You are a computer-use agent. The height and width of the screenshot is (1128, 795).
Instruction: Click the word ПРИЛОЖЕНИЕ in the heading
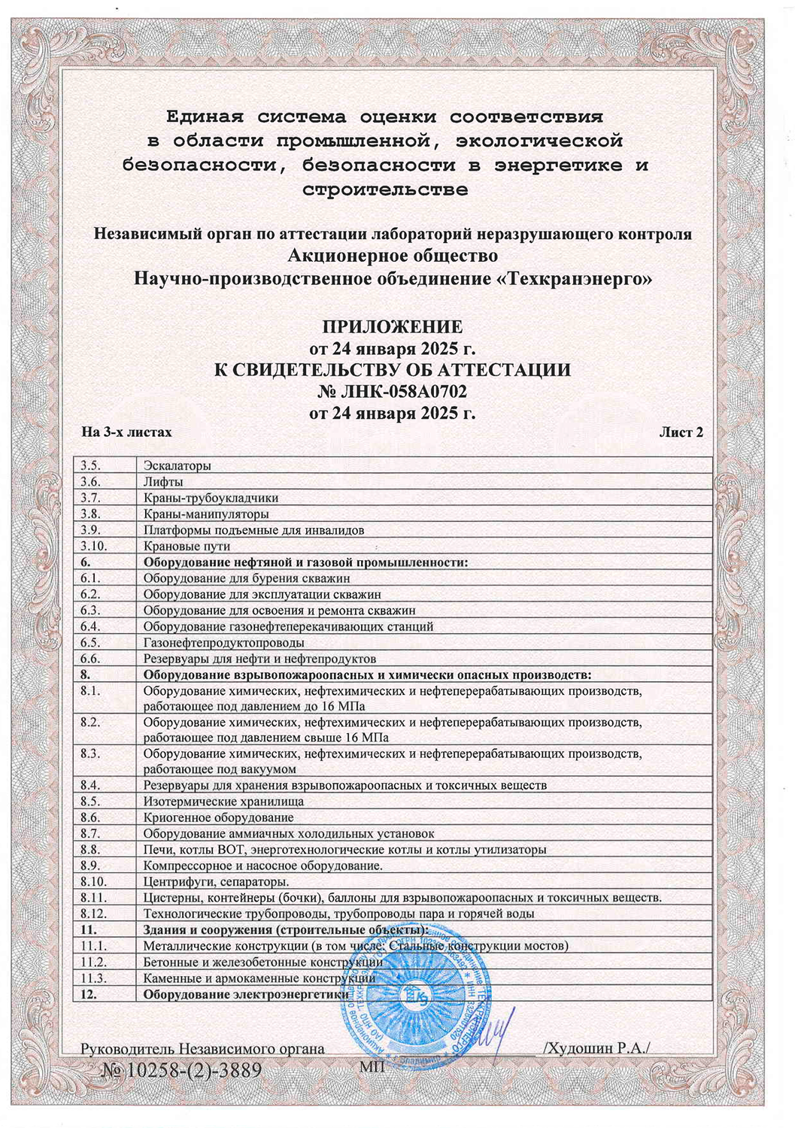392,327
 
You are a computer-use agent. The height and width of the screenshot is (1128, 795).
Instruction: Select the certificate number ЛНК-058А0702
404,392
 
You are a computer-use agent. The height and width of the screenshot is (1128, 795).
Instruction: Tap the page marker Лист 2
681,432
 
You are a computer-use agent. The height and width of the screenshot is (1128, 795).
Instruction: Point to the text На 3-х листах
126,432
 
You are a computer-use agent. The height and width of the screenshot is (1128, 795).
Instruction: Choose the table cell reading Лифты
163,482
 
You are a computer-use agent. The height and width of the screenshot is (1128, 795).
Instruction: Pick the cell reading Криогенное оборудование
218,817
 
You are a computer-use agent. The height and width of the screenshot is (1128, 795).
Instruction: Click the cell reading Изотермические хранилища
223,802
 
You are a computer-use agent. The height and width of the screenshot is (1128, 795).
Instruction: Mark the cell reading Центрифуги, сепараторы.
217,881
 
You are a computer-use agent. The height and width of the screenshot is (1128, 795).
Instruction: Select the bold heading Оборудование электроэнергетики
246,994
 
